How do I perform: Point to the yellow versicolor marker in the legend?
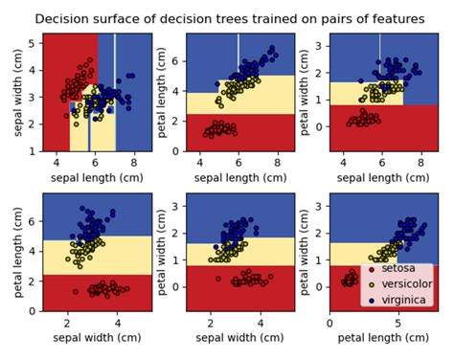[372, 283]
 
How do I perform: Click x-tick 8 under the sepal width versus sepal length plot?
[135, 160]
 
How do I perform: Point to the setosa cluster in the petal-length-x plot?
[347, 279]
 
